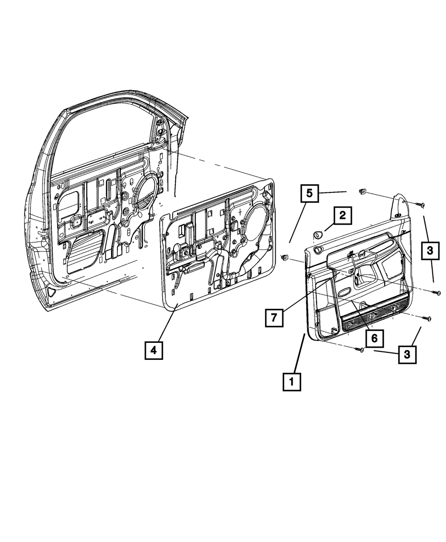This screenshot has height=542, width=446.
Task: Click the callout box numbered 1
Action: click(x=292, y=382)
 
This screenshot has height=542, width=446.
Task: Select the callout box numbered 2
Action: click(x=342, y=216)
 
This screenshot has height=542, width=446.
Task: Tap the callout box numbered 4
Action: click(x=153, y=350)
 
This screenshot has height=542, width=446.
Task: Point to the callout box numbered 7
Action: click(x=274, y=317)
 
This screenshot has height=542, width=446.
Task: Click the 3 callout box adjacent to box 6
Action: click(x=406, y=354)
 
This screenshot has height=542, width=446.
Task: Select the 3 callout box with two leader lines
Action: click(x=429, y=251)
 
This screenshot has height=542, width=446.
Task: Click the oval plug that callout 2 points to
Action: click(x=318, y=233)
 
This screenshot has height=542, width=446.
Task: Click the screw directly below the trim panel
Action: click(x=360, y=350)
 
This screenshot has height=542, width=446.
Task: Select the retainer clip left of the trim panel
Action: click(x=285, y=258)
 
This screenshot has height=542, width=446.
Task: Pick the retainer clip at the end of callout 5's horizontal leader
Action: click(x=362, y=192)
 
